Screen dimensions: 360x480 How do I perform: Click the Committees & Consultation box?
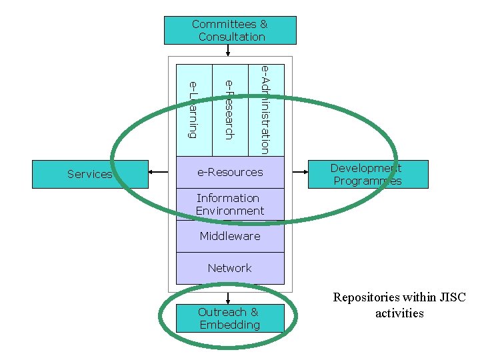click(230, 31)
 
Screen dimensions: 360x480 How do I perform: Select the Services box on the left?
click(90, 174)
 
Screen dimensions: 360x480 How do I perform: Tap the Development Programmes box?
click(367, 174)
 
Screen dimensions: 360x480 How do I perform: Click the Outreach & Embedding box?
click(230, 318)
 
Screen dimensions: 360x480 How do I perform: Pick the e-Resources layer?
click(230, 172)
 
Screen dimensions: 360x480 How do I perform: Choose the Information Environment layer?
click(230, 205)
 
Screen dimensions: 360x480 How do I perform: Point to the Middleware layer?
click(230, 236)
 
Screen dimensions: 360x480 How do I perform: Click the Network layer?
click(230, 268)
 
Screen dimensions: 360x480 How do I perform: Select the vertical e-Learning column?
click(193, 110)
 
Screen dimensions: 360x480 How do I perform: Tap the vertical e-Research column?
click(229, 110)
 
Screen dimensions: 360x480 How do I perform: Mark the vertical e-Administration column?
click(265, 110)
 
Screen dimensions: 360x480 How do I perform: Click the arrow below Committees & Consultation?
click(228, 51)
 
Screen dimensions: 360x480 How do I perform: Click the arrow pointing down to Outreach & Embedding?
click(228, 297)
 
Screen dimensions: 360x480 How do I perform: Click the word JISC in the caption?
click(453, 297)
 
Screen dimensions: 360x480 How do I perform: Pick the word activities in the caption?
click(399, 313)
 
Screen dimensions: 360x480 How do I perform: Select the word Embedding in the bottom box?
click(230, 325)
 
